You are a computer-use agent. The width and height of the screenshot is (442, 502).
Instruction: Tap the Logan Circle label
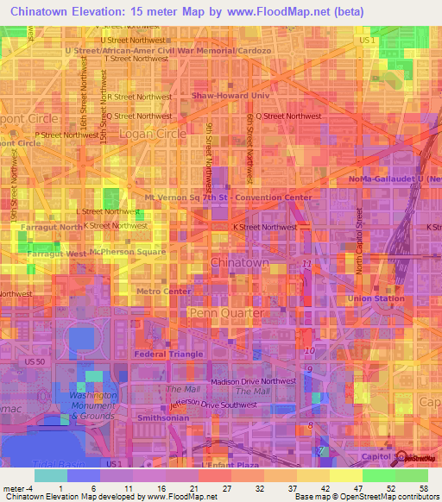pyautogui.click(x=141, y=135)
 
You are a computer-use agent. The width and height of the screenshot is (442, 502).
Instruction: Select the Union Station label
pyautogui.click(x=376, y=298)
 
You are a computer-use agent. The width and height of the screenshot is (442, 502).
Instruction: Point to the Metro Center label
pyautogui.click(x=164, y=292)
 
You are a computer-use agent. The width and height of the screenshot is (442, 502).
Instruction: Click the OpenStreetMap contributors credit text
pyautogui.click(x=392, y=497)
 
